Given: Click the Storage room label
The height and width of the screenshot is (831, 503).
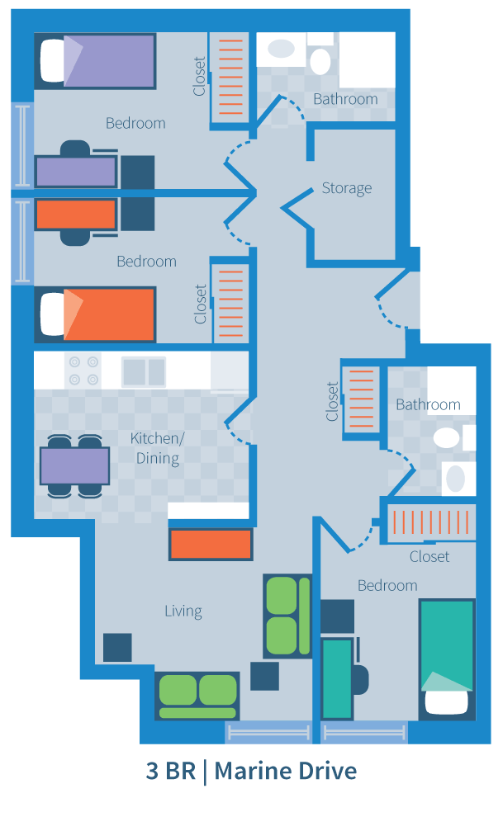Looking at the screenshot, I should tap(346, 188).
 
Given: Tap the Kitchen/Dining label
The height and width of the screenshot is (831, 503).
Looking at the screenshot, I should tap(157, 447).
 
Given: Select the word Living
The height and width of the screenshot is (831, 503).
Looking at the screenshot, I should tap(183, 611).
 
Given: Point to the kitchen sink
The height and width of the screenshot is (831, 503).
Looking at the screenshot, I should tap(144, 371).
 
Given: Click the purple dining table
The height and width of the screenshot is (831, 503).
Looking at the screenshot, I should tap(75, 465).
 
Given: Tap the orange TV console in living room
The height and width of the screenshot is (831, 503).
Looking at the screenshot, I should tap(211, 545).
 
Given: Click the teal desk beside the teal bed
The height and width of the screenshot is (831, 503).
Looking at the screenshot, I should tap(336, 677).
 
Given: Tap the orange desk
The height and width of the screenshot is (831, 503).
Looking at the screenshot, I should tap(76, 215).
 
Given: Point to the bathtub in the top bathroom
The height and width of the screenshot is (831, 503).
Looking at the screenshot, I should tap(367, 59).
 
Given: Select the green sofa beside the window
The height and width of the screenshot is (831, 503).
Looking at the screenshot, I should tap(197, 695).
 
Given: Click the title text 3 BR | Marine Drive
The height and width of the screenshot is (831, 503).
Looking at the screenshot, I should tap(251, 772).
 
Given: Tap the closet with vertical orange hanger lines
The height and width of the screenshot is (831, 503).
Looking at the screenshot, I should tap(430, 522).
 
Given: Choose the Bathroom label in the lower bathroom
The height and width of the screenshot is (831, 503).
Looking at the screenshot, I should tap(428, 404).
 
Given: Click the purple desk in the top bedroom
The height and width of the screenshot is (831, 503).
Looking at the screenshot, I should tap(76, 172).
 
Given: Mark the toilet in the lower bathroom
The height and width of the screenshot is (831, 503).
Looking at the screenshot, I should tap(447, 437).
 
